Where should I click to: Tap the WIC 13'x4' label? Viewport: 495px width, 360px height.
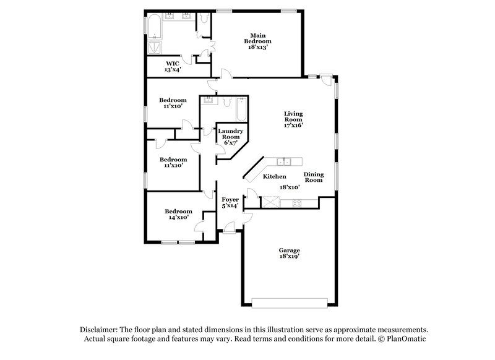173,67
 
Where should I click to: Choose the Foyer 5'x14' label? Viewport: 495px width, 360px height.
230,203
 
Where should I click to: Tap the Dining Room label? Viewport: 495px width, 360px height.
313,177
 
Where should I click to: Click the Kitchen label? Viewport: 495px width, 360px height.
274,177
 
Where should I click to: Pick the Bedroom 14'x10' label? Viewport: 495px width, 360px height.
176,213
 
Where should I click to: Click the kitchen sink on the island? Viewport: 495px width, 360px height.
285,162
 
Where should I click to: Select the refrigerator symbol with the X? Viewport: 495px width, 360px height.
270,202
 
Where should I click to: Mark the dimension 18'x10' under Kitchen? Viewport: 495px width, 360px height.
290,187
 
